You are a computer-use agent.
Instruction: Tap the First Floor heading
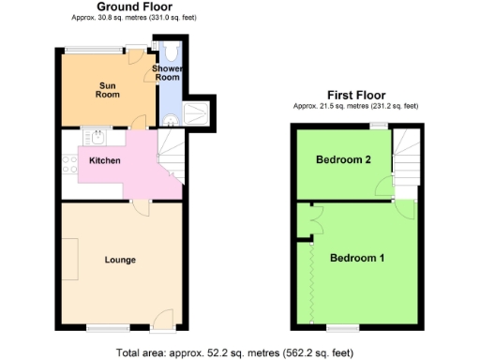pos(355,95)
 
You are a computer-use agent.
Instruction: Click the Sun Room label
pos(108,90)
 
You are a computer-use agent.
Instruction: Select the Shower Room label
pos(167,74)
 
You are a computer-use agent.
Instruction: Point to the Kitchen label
pos(104,161)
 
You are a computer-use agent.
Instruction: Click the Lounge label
pos(120,260)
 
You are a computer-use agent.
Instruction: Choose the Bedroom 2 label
pos(343,160)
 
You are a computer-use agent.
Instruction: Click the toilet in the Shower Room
pos(171,52)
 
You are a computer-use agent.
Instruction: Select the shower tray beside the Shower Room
pos(200,114)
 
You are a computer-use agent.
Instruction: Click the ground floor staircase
pos(171,155)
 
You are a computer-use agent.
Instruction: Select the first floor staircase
pos(407,160)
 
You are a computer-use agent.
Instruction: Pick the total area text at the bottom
pos(234,352)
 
